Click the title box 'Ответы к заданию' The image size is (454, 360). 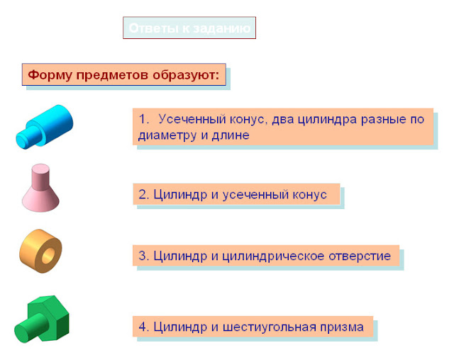[189, 28]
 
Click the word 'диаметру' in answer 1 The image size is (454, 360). [165, 135]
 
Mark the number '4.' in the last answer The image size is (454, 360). [143, 327]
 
